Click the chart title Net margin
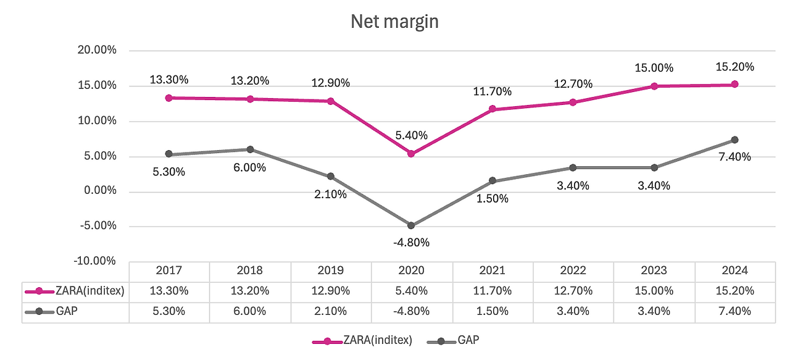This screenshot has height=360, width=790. (x=394, y=22)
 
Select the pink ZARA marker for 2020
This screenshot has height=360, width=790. (x=412, y=154)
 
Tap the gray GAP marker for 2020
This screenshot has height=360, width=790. (x=412, y=225)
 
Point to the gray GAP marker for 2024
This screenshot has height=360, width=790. (x=734, y=140)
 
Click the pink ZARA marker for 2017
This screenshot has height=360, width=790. (x=168, y=98)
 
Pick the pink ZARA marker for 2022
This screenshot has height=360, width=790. (x=573, y=102)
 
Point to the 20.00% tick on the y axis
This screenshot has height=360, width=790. (x=96, y=51)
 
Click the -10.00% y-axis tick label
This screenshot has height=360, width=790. (x=96, y=261)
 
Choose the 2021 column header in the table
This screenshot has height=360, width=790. (x=493, y=270)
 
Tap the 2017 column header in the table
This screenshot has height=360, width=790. (x=169, y=270)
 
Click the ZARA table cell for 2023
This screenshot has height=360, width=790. (x=654, y=291)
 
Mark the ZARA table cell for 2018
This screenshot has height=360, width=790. (x=250, y=291)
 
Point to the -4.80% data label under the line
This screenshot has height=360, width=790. (x=411, y=242)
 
